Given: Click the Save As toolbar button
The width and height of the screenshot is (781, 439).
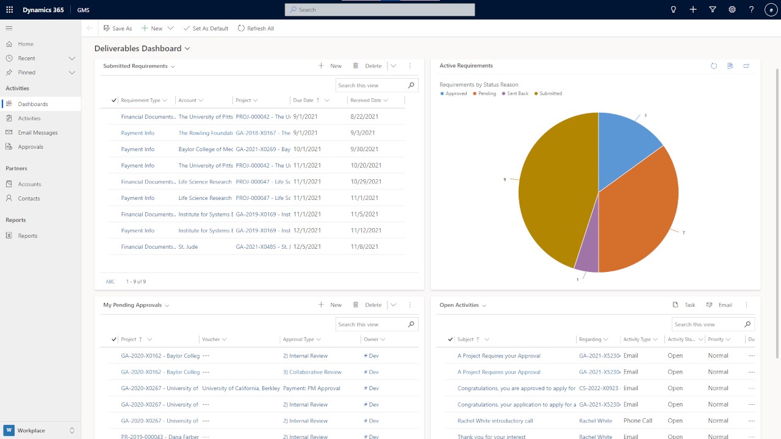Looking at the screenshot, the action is pos(118,28).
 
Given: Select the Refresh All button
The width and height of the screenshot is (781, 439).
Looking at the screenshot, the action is pos(256,28).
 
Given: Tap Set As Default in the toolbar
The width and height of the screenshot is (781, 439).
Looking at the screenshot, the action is pos(206,28).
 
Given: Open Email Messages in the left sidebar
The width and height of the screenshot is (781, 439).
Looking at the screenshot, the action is pos(38,132).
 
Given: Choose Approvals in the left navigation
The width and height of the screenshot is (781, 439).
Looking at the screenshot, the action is pos(31,147).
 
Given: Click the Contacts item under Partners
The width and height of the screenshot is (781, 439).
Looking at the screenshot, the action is pos(29,198).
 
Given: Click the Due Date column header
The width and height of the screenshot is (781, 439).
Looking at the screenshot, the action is pos(303,101).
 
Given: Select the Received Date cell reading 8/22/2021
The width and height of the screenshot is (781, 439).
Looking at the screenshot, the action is pos(364,116).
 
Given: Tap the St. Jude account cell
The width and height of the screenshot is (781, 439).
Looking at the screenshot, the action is pos(188,247).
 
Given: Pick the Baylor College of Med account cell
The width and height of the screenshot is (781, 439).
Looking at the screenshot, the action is pos(206,149).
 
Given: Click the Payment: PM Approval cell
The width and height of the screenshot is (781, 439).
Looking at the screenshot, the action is pos(311,388).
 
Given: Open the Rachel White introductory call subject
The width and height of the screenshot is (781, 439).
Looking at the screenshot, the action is pos(495,421).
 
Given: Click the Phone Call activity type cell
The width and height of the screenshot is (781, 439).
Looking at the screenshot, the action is pos(638,421).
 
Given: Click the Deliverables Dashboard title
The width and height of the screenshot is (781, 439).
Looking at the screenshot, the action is pos(138,48).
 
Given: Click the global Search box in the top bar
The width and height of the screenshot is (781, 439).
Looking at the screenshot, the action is pos(380,10).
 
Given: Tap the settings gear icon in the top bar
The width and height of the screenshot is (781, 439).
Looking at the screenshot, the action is pos(732,10).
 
